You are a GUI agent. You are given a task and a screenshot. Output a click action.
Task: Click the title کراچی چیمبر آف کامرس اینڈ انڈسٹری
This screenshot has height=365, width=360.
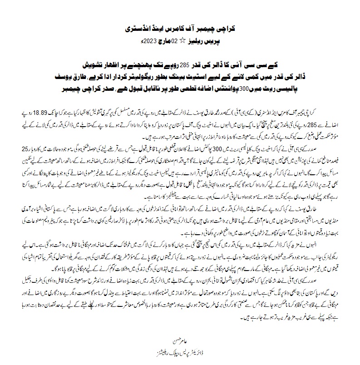[180, 28]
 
